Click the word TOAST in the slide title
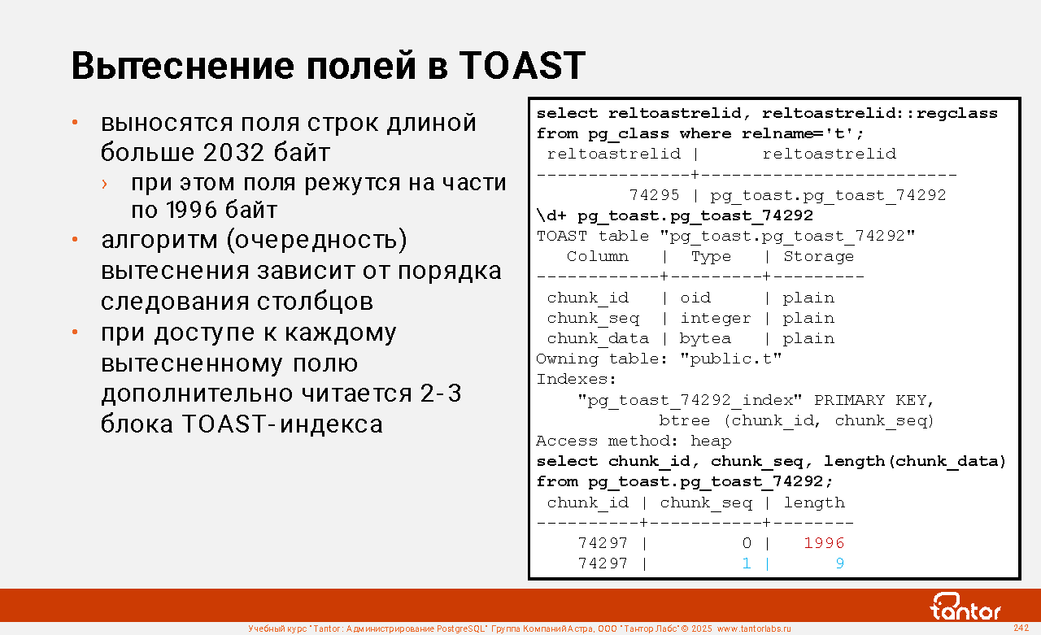pyautogui.click(x=522, y=66)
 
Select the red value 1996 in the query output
pyautogui.click(x=824, y=543)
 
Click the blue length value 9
pyautogui.click(x=840, y=563)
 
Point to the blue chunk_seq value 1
pyautogui.click(x=747, y=563)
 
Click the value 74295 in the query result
pyautogui.click(x=654, y=195)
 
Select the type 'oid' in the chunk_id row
pyautogui.click(x=695, y=298)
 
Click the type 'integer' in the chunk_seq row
pyautogui.click(x=715, y=319)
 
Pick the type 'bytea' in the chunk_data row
pyautogui.click(x=705, y=338)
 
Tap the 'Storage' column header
pyautogui.click(x=818, y=256)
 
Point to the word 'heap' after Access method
pyautogui.click(x=711, y=441)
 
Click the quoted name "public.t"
pyautogui.click(x=731, y=359)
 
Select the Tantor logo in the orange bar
pyautogui.click(x=965, y=607)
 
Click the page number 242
pyautogui.click(x=1021, y=628)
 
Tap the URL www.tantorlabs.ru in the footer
pyautogui.click(x=754, y=628)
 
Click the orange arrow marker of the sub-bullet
pyautogui.click(x=105, y=185)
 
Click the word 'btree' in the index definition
pyautogui.click(x=685, y=420)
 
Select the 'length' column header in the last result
pyautogui.click(x=814, y=502)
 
